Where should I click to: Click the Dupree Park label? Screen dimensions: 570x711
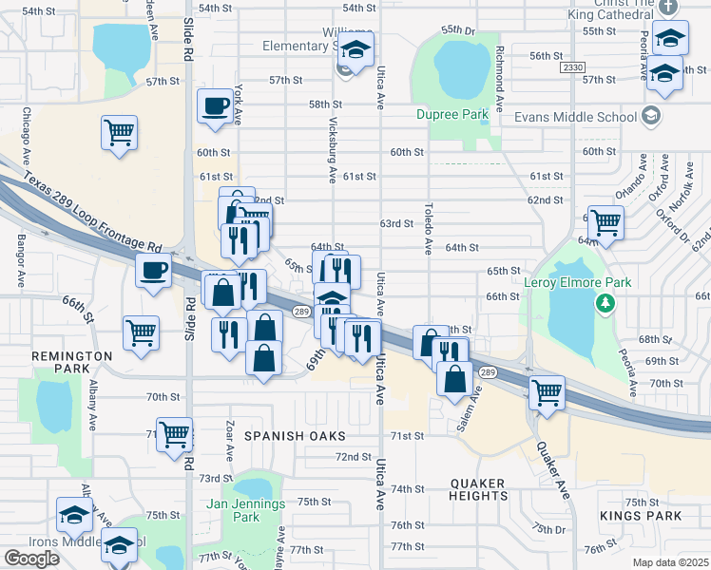point(452,115)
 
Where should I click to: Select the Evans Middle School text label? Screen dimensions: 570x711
point(575,117)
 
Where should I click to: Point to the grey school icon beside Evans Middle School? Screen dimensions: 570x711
point(651,117)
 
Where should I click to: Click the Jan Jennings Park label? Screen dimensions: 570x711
point(246,510)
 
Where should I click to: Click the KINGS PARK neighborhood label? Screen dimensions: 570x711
point(641,516)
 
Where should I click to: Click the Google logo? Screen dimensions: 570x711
point(31,558)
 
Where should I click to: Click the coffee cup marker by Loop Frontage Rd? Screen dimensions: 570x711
point(153,270)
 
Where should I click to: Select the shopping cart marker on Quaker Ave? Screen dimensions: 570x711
point(547,391)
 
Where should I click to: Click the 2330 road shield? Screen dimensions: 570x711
point(572,67)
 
